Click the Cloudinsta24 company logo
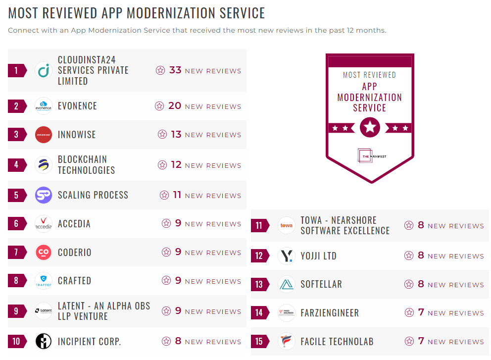[44, 70]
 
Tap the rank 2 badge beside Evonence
[16, 106]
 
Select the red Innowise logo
[44, 135]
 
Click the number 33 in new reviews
[175, 70]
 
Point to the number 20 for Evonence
[174, 106]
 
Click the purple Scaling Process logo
[44, 195]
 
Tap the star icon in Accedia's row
[166, 223]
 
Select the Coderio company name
[74, 252]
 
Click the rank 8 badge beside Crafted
[16, 281]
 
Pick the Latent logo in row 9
[44, 311]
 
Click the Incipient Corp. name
[89, 342]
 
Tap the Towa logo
[286, 226]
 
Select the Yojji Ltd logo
[286, 256]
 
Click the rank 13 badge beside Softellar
[259, 285]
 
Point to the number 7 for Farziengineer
[421, 313]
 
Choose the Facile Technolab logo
[286, 342]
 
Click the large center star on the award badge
[370, 128]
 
